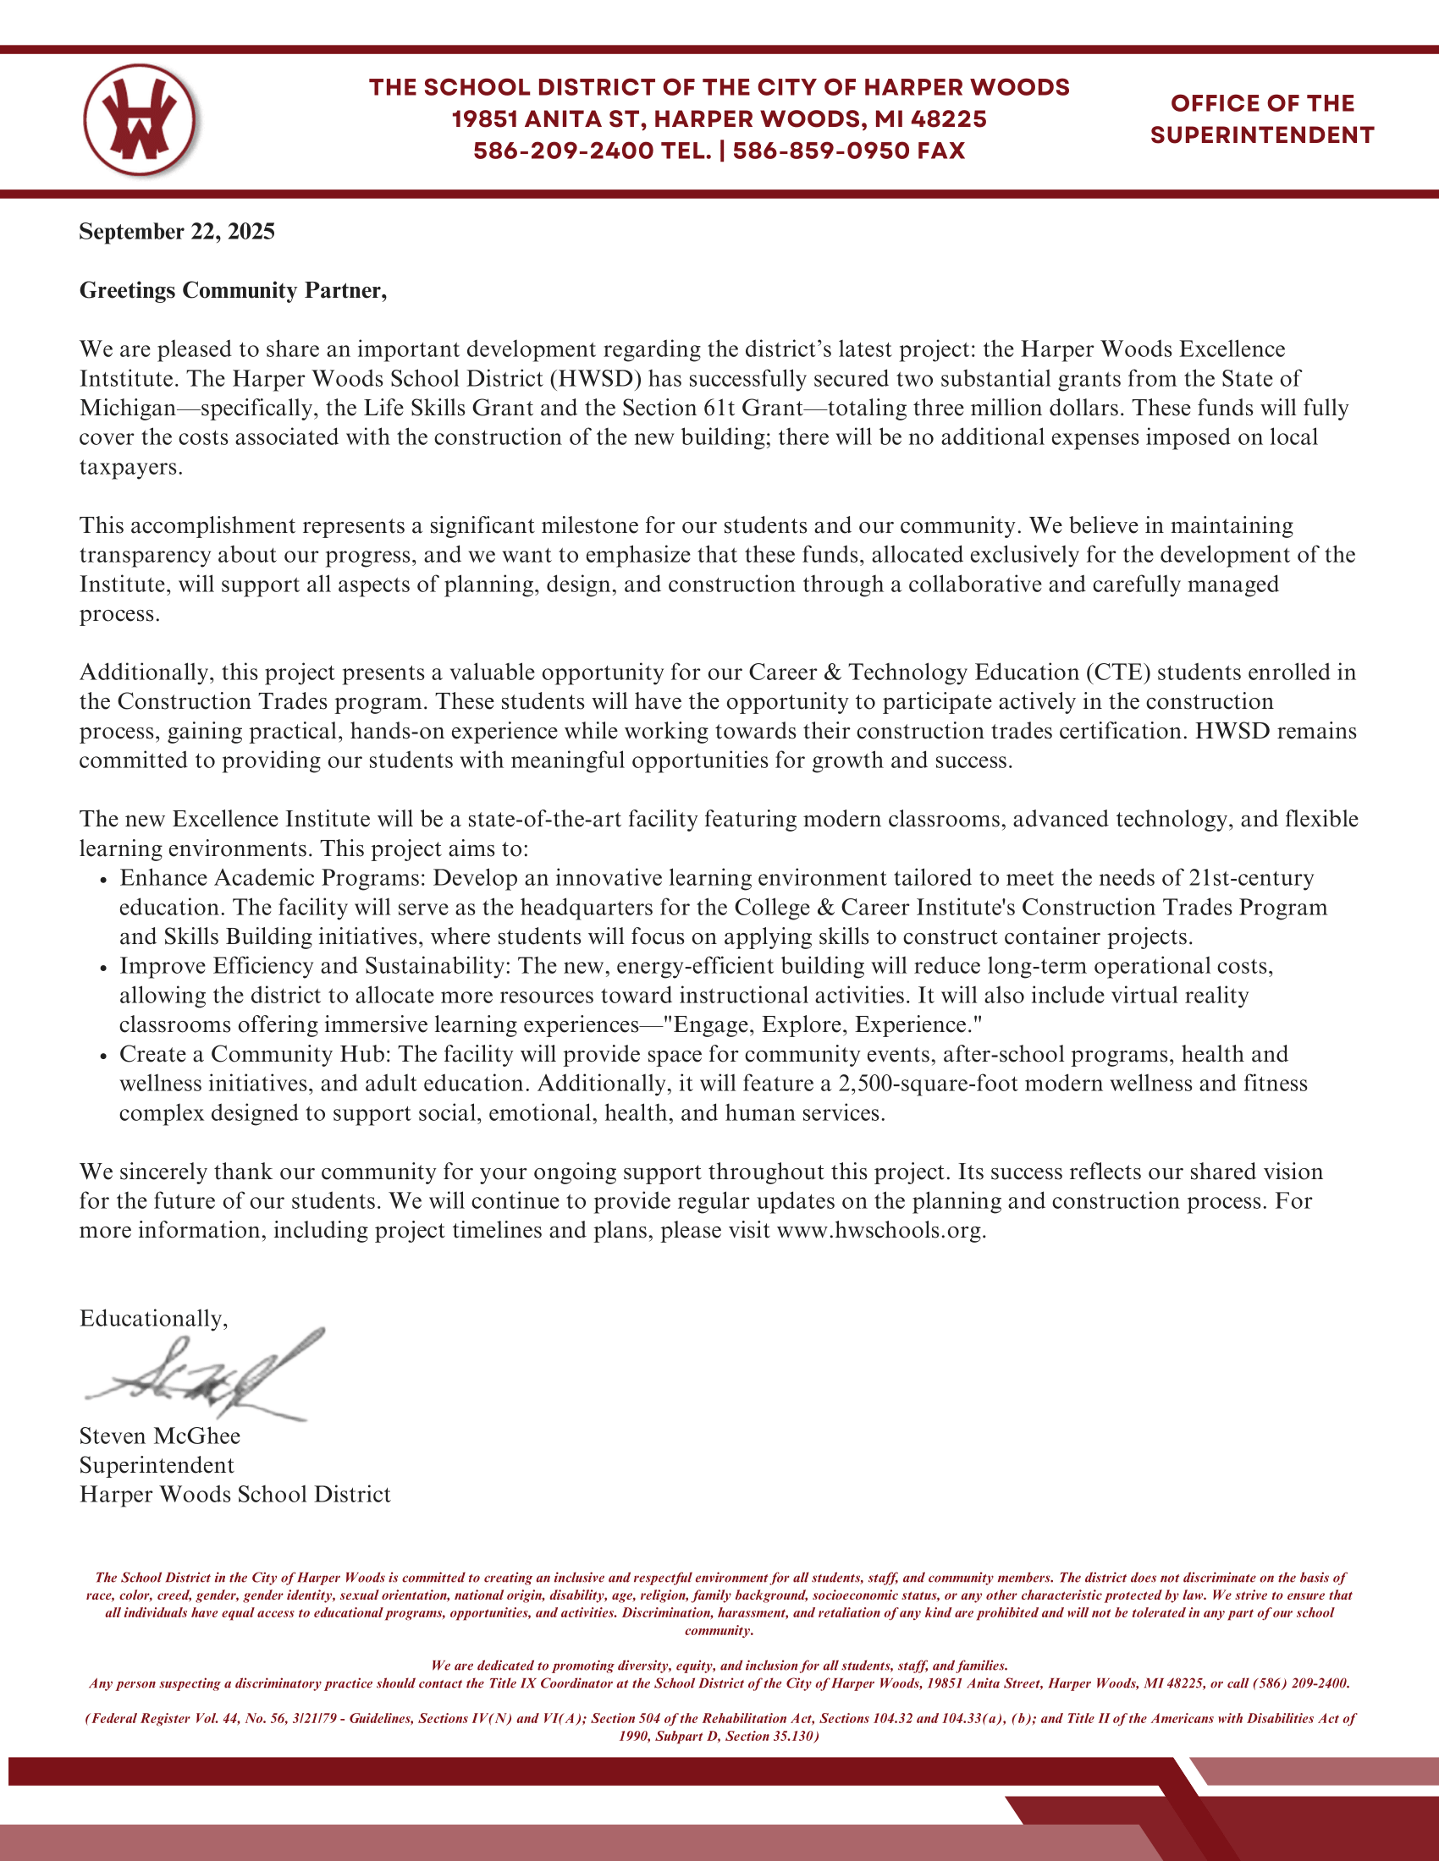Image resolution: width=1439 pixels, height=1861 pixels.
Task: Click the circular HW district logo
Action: (x=140, y=119)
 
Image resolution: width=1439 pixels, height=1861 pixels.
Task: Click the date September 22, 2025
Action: (x=176, y=232)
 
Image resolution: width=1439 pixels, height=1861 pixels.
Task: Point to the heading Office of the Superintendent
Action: (x=1262, y=119)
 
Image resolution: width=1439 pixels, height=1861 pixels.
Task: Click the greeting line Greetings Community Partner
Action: (x=233, y=290)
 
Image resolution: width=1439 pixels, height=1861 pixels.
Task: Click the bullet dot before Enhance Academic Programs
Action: (x=102, y=880)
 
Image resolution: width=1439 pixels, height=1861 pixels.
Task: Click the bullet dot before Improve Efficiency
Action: (x=102, y=968)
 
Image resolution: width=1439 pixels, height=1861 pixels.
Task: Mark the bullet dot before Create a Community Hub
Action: (x=102, y=1056)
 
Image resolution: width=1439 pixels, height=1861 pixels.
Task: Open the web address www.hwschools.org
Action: (x=880, y=1231)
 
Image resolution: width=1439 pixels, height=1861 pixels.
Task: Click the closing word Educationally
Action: (x=153, y=1319)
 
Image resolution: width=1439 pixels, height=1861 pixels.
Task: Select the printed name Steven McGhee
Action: (x=159, y=1436)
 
